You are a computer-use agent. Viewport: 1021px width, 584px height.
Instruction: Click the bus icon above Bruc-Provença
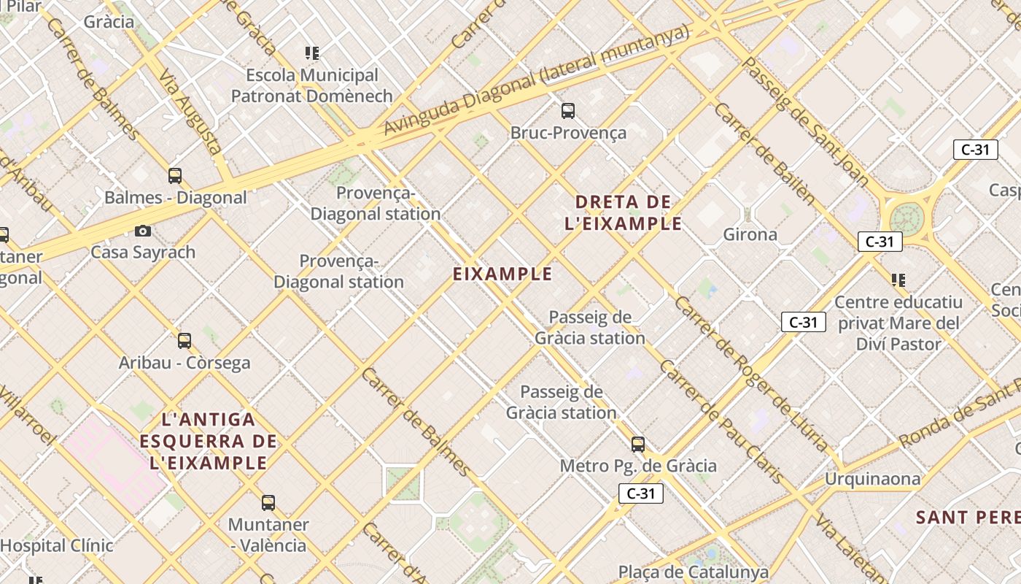pos(568,111)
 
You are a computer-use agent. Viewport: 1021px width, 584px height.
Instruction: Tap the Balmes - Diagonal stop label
pos(176,197)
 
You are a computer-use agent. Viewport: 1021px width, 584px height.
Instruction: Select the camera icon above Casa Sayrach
pos(143,231)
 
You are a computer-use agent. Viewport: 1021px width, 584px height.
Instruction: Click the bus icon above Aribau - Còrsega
pos(185,340)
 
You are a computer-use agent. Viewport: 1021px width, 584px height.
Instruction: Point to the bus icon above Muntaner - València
pos(268,502)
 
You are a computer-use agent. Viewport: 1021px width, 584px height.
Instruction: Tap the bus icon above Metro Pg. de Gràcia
pos(638,444)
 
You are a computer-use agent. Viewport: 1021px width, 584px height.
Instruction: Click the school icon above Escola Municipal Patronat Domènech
pos(312,53)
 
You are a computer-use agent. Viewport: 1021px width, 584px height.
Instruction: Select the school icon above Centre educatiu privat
pos(898,280)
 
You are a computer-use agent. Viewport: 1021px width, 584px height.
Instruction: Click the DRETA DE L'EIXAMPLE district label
pos(624,212)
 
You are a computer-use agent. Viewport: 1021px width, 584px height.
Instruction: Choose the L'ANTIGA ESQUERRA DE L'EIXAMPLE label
pos(209,441)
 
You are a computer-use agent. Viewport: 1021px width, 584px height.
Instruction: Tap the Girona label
pos(750,234)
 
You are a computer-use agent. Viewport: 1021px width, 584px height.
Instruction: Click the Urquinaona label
pos(872,479)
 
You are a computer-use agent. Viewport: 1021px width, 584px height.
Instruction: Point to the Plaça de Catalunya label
pos(693,572)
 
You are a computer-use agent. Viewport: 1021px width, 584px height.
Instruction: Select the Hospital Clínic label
pos(57,545)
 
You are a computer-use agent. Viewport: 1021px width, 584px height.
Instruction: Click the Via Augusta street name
pos(190,112)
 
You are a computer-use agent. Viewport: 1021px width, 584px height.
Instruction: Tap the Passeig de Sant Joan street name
pos(805,120)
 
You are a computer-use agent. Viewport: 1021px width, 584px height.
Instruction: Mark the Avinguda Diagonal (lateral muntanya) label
pos(536,80)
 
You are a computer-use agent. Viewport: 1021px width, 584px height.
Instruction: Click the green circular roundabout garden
pos(907,217)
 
